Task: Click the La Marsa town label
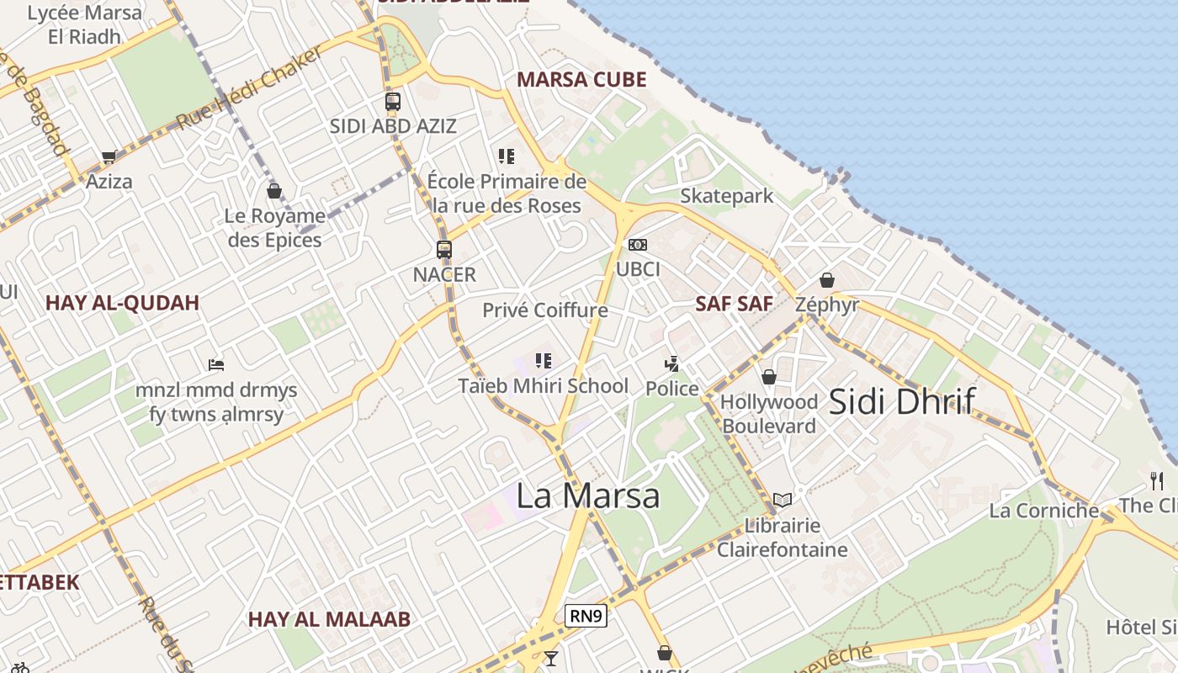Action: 587,495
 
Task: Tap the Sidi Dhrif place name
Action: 902,401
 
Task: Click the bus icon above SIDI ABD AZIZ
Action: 393,102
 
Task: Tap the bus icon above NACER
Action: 444,249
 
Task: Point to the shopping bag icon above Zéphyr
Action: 827,280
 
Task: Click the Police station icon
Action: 671,364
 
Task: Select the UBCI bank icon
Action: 638,245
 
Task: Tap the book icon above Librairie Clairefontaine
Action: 783,500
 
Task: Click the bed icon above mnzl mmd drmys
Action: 216,365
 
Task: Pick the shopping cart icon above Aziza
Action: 109,156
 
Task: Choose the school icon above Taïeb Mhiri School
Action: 544,361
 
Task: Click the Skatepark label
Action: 726,196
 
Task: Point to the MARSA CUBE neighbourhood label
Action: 581,80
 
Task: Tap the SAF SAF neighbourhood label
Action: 734,304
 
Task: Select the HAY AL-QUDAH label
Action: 122,303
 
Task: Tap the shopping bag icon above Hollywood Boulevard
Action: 768,377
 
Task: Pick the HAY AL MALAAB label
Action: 329,619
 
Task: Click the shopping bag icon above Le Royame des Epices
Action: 273,191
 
